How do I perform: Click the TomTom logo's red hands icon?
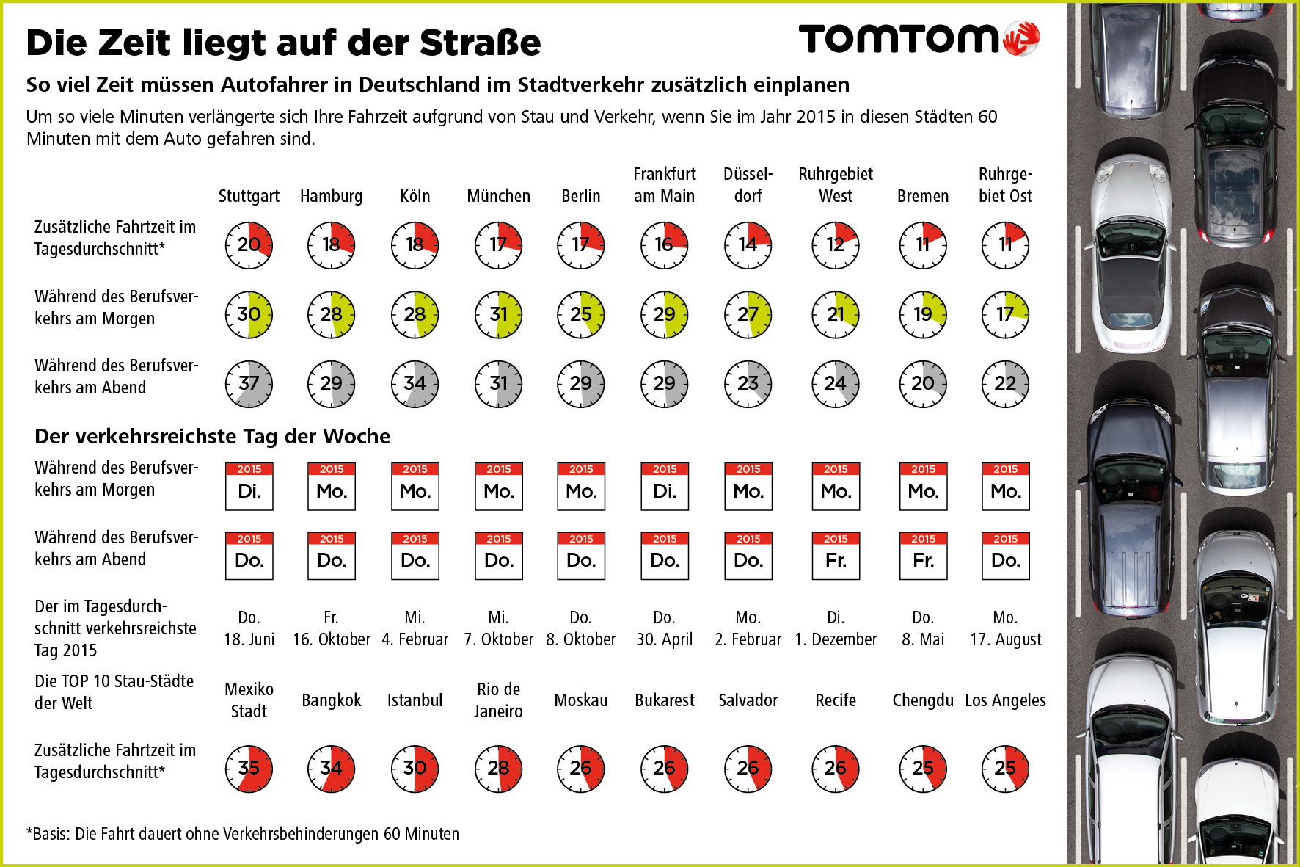[x=1021, y=38]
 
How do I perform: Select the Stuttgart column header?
[x=249, y=196]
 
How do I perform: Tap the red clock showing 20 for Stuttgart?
[x=249, y=244]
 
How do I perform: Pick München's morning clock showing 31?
[x=498, y=314]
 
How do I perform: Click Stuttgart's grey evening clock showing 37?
[x=249, y=383]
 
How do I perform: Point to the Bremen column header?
[x=922, y=196]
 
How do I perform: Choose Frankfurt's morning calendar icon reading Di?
[x=665, y=486]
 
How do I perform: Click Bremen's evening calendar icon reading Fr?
[x=923, y=556]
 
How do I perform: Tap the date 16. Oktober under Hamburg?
[x=332, y=639]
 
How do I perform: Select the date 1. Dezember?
[x=836, y=639]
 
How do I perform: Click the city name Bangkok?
[x=332, y=700]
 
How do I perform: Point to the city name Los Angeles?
[x=1005, y=700]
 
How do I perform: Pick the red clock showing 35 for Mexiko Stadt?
[x=249, y=768]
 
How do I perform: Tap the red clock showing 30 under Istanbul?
[x=415, y=768]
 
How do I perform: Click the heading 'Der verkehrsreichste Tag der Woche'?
[x=212, y=436]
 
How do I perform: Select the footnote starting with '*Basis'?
[x=243, y=834]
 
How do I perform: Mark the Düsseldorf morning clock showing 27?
[x=748, y=314]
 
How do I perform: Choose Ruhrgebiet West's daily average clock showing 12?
[x=836, y=244]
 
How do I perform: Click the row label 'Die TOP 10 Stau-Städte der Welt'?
[x=114, y=692]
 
